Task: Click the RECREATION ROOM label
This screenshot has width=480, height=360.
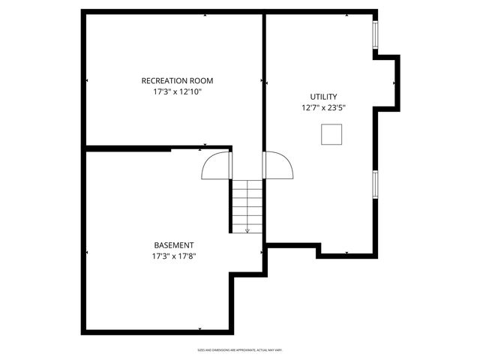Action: click(x=178, y=80)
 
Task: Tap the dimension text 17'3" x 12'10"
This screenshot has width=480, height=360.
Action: click(x=178, y=91)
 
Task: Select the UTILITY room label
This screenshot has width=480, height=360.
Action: click(x=323, y=97)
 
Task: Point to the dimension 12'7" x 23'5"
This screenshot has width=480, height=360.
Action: click(x=323, y=108)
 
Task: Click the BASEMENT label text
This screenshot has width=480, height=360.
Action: click(x=174, y=245)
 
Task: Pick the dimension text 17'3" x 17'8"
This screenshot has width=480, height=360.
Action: click(x=174, y=256)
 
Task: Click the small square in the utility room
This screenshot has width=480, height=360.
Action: click(x=331, y=134)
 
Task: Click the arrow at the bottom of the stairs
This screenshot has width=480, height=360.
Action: click(x=247, y=230)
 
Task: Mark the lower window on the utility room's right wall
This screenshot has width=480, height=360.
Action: click(x=374, y=183)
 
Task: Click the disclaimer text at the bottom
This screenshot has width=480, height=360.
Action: click(x=239, y=350)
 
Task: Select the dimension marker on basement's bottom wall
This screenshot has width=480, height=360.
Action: click(x=199, y=329)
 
